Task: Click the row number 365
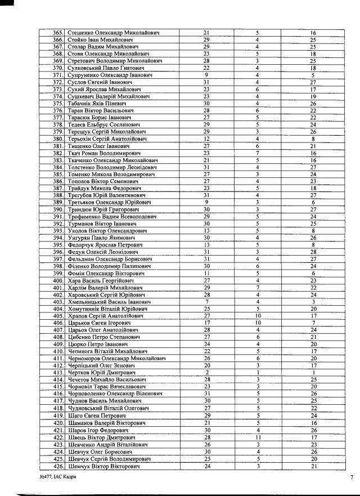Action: pyautogui.click(x=57, y=33)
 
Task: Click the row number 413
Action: pyautogui.click(x=57, y=372)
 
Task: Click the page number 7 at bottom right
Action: pyautogui.click(x=351, y=477)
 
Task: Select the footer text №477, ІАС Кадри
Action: pyautogui.click(x=58, y=477)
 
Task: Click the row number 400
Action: pyautogui.click(x=57, y=280)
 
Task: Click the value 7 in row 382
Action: pyautogui.click(x=257, y=153)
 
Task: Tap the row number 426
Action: pyautogui.click(x=57, y=466)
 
